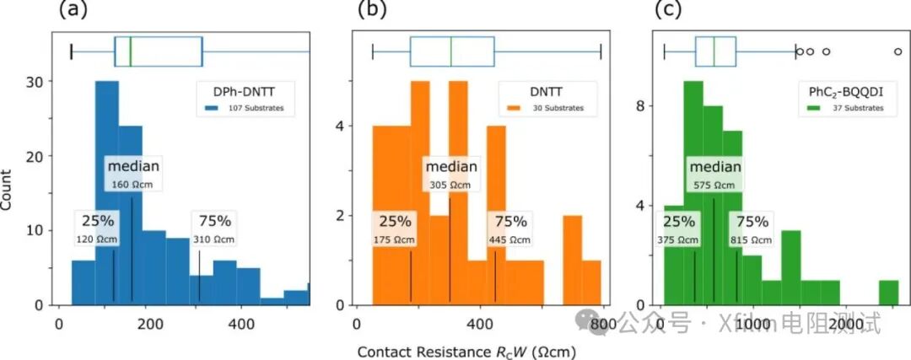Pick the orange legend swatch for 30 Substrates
tap(515, 109)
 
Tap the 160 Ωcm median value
tap(132, 185)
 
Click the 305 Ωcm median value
tap(450, 185)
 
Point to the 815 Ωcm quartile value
tap(752, 239)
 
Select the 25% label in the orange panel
tap(395, 222)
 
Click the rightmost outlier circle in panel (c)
tap(898, 51)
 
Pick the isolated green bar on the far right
tap(888, 292)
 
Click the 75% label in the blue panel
tap(215, 222)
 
